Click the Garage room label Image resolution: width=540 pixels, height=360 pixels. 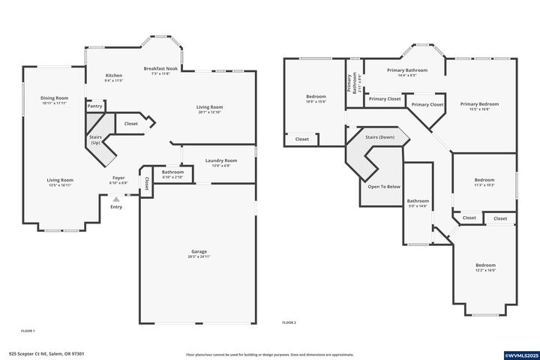(199, 252)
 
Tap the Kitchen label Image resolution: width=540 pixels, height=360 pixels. (114, 76)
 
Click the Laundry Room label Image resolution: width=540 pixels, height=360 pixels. (221, 161)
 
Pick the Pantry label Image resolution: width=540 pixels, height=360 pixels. (94, 106)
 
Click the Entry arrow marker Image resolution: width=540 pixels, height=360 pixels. (115, 199)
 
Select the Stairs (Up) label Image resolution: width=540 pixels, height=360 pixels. (95, 139)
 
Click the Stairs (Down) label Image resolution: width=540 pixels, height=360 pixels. (379, 138)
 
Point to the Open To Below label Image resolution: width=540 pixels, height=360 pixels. (383, 186)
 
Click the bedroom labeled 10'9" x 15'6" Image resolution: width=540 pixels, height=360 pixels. (316, 98)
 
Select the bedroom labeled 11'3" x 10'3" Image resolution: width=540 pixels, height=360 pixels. (484, 181)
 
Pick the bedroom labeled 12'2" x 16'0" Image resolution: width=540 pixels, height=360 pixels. (485, 267)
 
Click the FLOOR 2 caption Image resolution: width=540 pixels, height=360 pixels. (289, 322)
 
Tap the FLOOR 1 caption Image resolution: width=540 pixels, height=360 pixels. (28, 331)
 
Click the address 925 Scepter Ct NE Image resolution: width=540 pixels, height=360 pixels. (46, 355)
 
